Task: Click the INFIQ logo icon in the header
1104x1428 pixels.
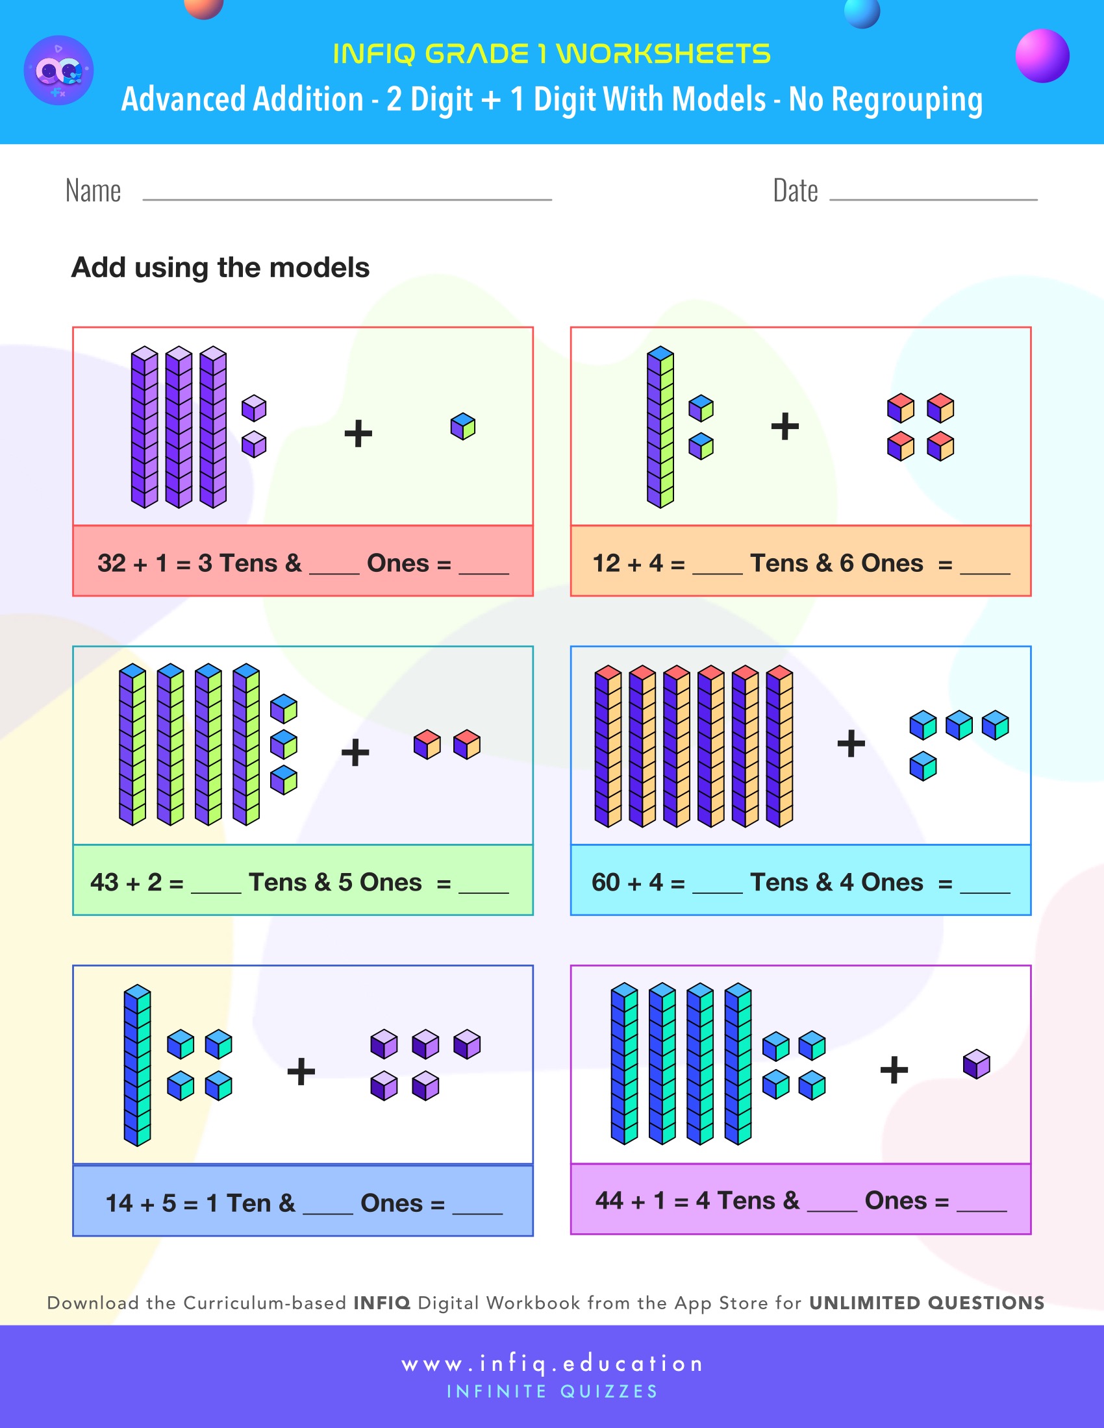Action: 59,70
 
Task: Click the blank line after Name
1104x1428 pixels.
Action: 347,198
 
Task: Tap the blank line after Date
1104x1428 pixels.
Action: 933,198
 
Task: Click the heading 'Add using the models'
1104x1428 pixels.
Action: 220,267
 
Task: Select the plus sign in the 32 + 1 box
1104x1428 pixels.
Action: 358,434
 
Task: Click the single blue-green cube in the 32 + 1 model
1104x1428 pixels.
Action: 463,426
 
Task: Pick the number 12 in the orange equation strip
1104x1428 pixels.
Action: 606,563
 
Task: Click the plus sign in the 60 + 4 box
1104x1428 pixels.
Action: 851,743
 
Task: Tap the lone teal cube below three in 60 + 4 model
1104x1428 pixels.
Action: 923,766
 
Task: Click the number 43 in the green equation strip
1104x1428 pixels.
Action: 104,882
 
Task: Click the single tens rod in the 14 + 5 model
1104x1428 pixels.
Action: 137,1066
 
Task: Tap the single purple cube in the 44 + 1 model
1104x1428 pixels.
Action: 977,1064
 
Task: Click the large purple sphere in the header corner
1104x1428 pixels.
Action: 1042,56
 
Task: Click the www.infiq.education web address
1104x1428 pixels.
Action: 552,1363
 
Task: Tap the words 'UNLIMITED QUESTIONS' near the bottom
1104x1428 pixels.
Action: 926,1303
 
